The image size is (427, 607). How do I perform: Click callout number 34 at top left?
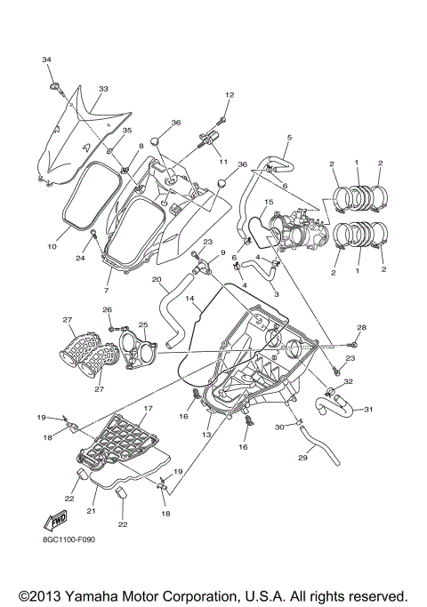pos(46,58)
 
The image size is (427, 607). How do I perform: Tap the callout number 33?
pos(103,90)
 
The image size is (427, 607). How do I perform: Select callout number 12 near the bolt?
pos(229,95)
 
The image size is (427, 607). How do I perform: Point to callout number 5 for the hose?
pos(289,138)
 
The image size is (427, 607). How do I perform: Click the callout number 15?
pos(266,203)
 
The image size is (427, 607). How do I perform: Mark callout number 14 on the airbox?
pos(189,299)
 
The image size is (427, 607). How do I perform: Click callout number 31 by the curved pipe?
pos(369,409)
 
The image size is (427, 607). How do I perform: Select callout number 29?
pos(301,458)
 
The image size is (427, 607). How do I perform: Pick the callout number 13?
pos(206,435)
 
